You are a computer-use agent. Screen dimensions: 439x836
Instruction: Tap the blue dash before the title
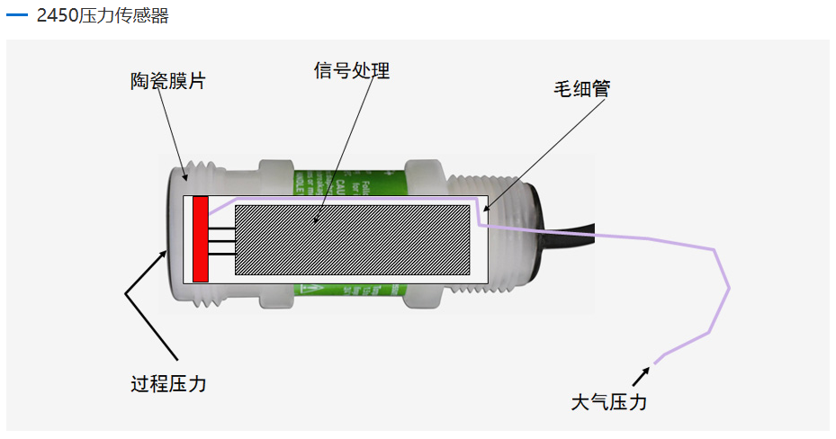tap(17, 16)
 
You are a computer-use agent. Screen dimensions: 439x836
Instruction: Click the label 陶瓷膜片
tap(168, 82)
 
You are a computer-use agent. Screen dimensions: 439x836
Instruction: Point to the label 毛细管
tap(581, 89)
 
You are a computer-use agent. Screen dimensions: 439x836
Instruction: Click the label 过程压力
tap(168, 384)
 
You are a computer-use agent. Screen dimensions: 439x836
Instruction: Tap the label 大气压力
tap(609, 402)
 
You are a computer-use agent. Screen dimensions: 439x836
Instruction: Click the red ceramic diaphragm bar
tap(201, 237)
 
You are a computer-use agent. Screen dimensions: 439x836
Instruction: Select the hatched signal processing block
tap(352, 239)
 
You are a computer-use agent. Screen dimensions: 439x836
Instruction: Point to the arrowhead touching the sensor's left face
tap(166, 255)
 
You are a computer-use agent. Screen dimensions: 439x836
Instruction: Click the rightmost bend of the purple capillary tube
tap(728, 288)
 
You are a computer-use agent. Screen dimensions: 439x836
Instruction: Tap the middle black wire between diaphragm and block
tap(222, 239)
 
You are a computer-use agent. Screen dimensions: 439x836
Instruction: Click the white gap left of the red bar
tap(187, 237)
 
